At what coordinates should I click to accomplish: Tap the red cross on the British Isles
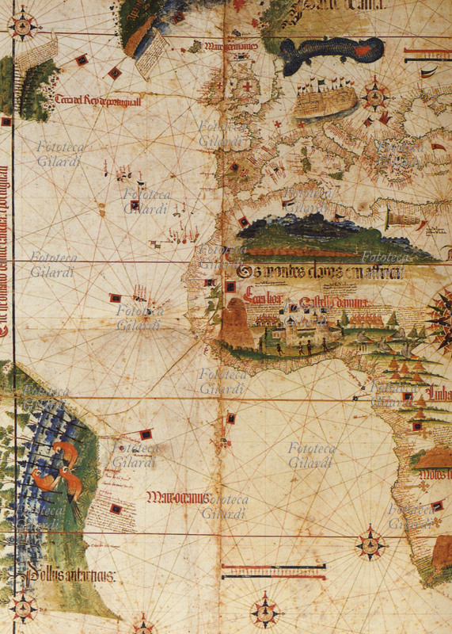[x=249, y=86]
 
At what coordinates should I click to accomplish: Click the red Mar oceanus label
[x=177, y=498]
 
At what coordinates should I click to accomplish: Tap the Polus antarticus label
[x=71, y=575]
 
